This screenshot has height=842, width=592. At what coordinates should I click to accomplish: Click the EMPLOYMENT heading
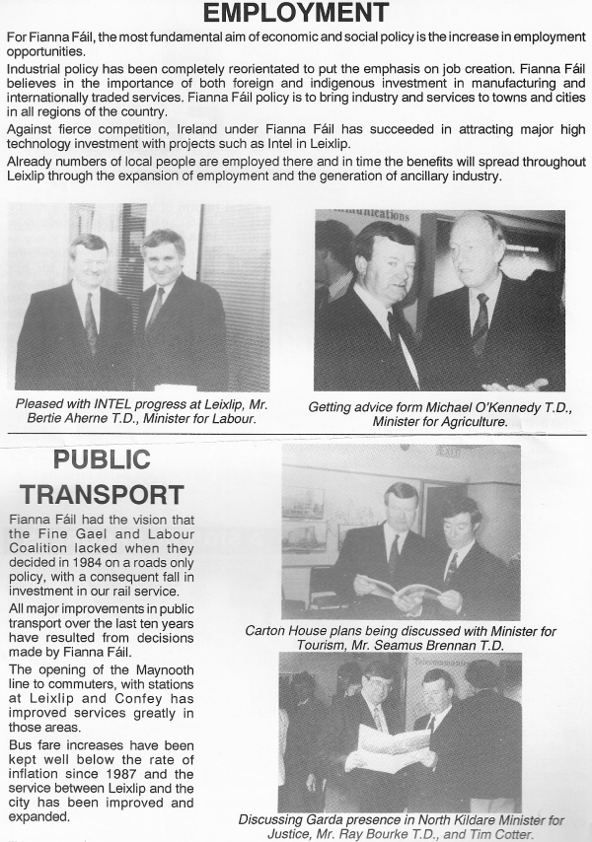tap(296, 14)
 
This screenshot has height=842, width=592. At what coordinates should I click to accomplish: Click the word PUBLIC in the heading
tap(102, 459)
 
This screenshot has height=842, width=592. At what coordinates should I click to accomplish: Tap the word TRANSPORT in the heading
tap(102, 494)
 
